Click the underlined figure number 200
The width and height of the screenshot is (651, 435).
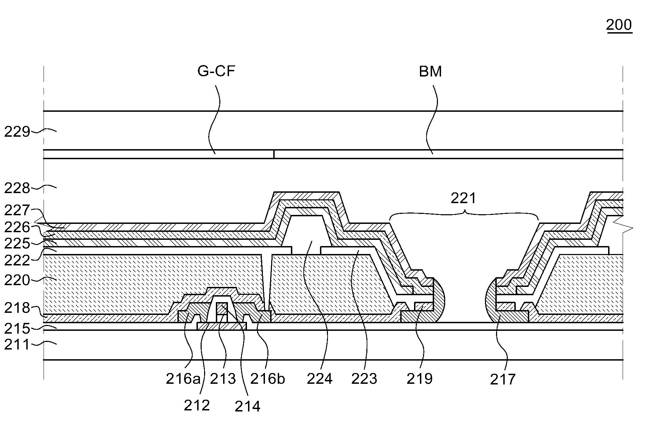coord(619,25)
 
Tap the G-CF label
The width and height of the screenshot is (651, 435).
coord(216,71)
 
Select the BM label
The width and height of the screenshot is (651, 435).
coord(430,72)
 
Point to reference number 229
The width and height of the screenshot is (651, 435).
coord(17,132)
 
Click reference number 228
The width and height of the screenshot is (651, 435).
coord(17,188)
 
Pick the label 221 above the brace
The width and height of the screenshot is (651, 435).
coord(463,198)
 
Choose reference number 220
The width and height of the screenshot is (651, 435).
coord(17,280)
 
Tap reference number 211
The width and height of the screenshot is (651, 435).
coord(17,345)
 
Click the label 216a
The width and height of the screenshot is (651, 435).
coord(183,379)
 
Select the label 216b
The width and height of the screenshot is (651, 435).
coord(267,379)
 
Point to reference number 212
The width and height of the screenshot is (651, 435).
coord(197,405)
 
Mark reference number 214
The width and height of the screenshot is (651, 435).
coord(247,406)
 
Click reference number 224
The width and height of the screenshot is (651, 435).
coord(320,379)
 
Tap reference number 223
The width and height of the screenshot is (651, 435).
coord(364,379)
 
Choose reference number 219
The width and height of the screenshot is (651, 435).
coord(420,379)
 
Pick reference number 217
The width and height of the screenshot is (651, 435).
coord(503,380)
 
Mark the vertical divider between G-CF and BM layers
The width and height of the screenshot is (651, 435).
coord(274,154)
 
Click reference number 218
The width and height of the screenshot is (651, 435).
coord(17,308)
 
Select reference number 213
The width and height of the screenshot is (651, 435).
coord(223,379)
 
